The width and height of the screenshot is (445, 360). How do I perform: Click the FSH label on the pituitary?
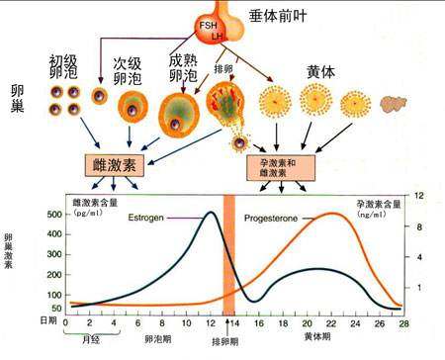coord(207,24)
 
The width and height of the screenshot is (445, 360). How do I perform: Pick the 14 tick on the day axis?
coord(233,322)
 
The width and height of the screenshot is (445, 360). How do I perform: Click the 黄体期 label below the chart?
coord(319,336)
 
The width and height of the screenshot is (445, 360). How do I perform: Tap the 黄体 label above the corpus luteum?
coord(321,73)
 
